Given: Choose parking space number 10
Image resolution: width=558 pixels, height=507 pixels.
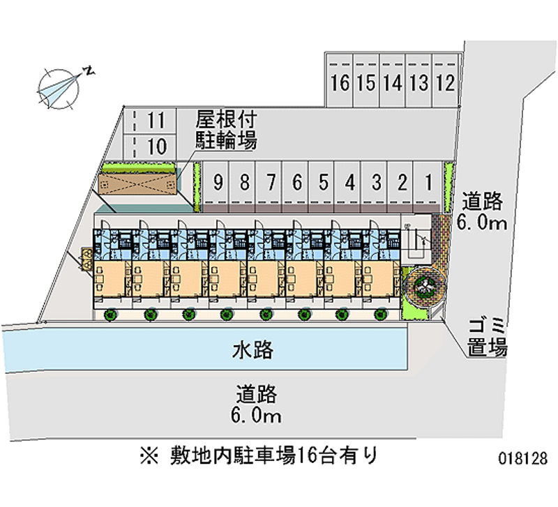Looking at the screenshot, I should pyautogui.click(x=156, y=146).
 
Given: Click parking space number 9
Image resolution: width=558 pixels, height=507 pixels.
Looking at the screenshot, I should pyautogui.click(x=218, y=183).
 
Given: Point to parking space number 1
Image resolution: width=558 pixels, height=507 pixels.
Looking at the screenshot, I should pyautogui.click(x=428, y=183).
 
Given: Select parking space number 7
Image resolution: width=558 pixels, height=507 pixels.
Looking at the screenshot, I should pyautogui.click(x=271, y=183).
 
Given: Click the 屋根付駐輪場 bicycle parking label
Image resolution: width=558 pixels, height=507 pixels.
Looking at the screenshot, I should pyautogui.click(x=225, y=130).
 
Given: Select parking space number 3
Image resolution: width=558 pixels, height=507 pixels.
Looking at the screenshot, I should pyautogui.click(x=376, y=183).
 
